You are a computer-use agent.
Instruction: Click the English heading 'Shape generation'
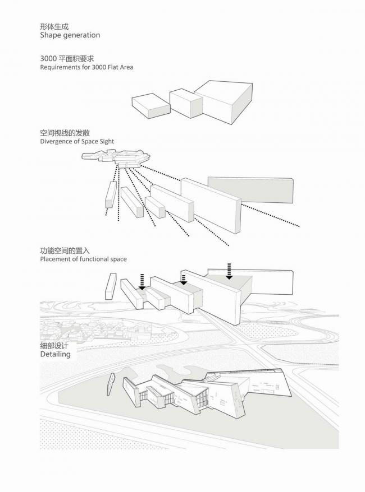70,35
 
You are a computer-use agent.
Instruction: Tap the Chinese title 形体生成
54,26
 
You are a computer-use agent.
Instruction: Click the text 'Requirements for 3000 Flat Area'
86,67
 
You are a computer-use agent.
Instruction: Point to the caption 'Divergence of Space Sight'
77,142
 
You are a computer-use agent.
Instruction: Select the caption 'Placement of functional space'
83,259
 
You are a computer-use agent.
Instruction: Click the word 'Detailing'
55,355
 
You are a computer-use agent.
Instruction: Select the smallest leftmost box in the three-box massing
150,105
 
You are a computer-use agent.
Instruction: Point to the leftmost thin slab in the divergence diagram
111,196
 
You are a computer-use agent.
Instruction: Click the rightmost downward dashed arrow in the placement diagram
229,270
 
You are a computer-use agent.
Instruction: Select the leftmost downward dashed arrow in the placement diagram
143,281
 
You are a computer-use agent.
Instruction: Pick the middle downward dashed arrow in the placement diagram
183,279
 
